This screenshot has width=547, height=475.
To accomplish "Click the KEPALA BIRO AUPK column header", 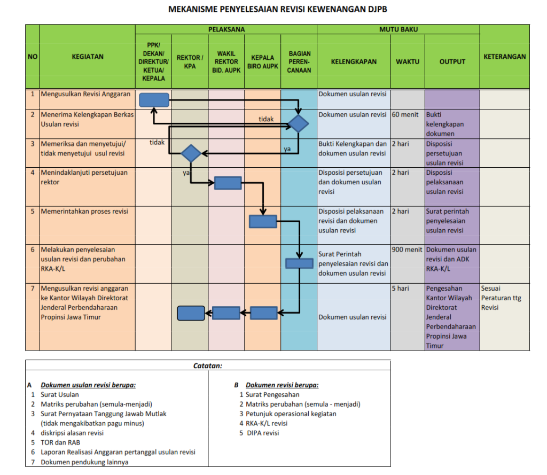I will (262, 62).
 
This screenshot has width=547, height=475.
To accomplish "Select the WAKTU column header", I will (408, 61).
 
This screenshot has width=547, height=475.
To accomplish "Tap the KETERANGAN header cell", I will (504, 57).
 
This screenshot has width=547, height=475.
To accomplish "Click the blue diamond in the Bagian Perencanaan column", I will (298, 124).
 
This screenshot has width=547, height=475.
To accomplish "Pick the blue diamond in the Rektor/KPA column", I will (190, 154).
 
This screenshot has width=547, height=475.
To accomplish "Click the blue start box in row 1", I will (154, 100).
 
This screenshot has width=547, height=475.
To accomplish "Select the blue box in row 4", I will (228, 183).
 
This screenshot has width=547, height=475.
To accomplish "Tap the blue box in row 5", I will (263, 221).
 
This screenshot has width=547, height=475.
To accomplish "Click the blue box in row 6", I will (299, 263).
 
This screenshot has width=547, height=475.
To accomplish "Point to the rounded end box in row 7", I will (191, 313).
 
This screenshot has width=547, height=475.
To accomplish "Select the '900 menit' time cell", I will (407, 250).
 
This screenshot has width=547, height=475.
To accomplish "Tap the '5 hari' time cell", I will (400, 289).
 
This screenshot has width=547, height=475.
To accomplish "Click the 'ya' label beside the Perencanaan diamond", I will (287, 149).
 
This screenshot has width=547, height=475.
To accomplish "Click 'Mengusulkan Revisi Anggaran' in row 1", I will (85, 95).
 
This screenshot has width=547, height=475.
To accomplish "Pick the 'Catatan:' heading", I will (208, 366).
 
